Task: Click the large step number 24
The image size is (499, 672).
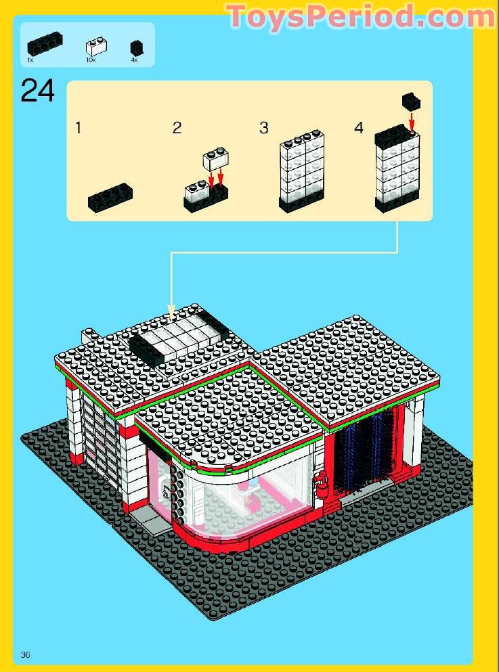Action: click(38, 91)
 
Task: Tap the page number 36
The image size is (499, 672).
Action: click(26, 654)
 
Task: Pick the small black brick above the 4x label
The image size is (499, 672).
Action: click(136, 47)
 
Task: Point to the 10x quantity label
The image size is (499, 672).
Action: click(91, 61)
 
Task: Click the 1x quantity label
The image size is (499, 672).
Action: click(30, 61)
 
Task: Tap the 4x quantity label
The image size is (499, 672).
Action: click(134, 61)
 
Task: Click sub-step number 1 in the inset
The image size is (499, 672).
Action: click(79, 127)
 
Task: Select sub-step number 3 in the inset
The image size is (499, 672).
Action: click(264, 127)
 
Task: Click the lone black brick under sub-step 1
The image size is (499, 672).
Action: click(110, 196)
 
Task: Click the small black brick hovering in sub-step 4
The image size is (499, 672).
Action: click(411, 101)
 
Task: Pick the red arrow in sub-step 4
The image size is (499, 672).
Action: click(411, 120)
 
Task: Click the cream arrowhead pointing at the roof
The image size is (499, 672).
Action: click(171, 313)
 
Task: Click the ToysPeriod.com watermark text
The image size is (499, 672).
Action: click(360, 16)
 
